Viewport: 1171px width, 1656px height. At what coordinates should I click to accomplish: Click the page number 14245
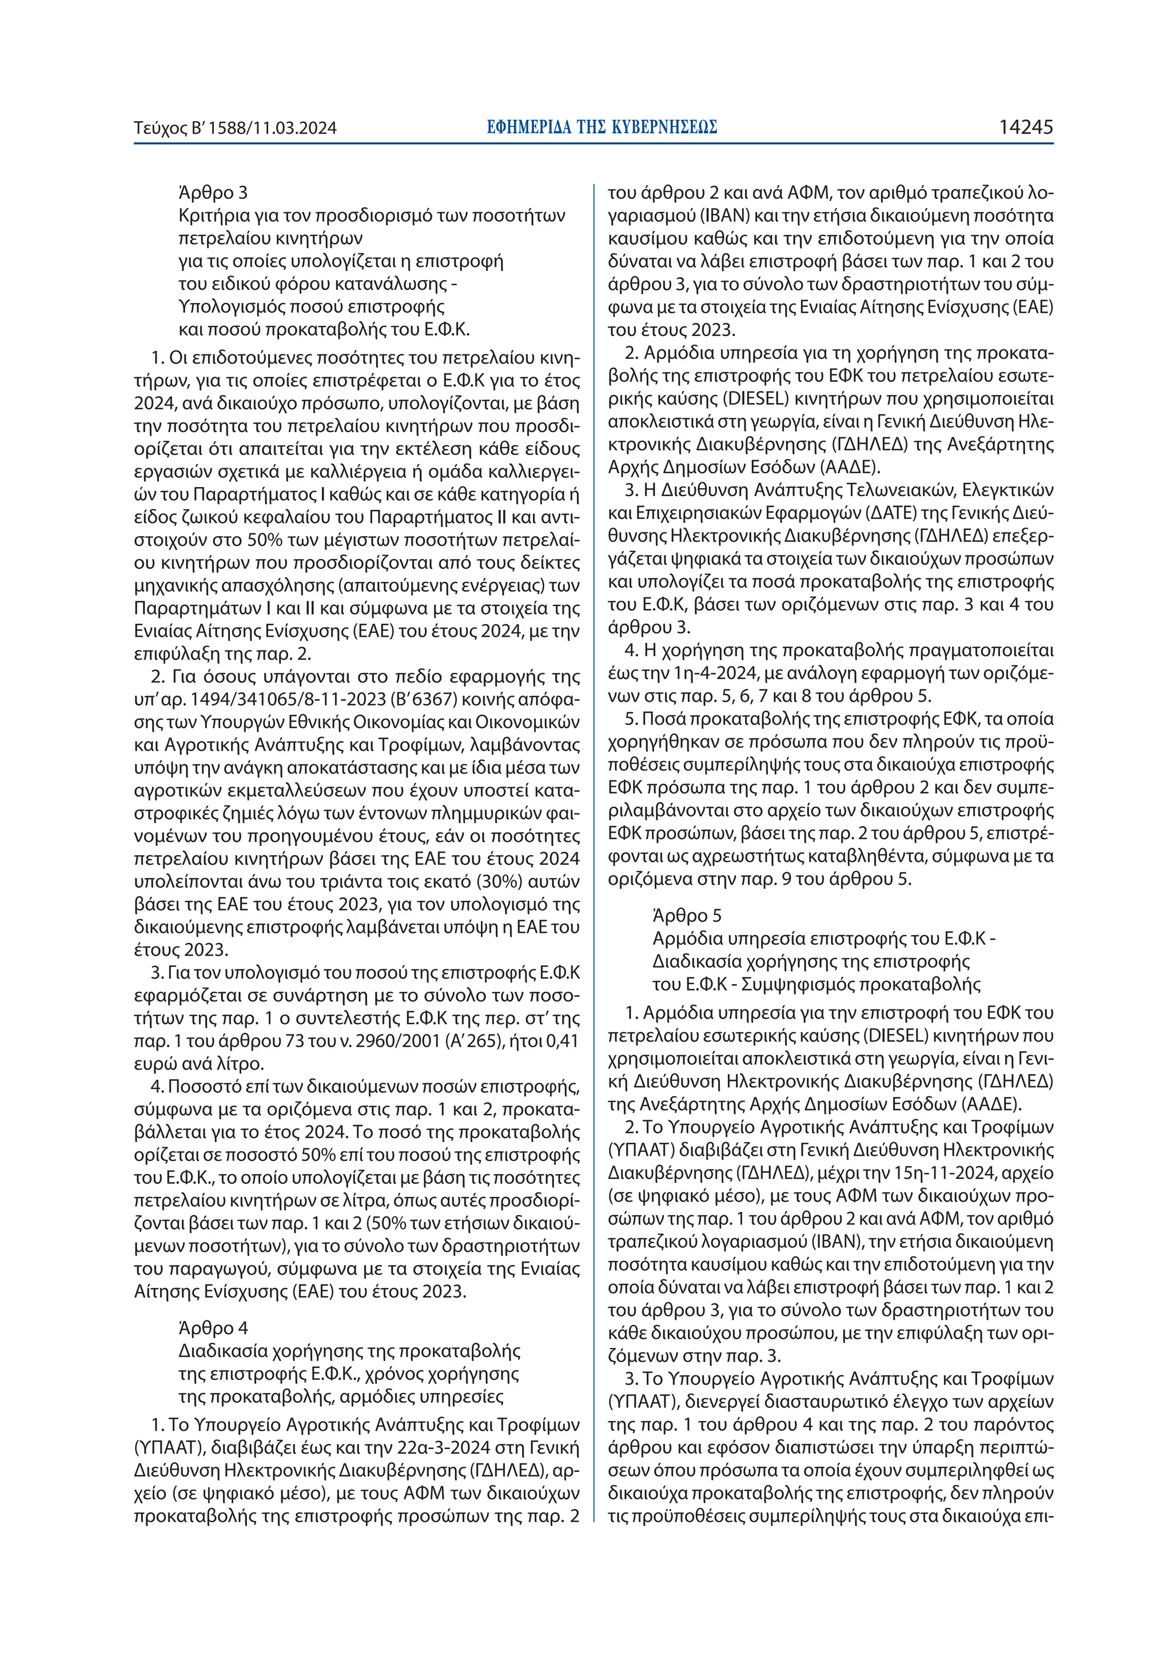click(x=1026, y=127)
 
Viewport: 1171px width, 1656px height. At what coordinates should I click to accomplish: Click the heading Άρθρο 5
click(x=687, y=916)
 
